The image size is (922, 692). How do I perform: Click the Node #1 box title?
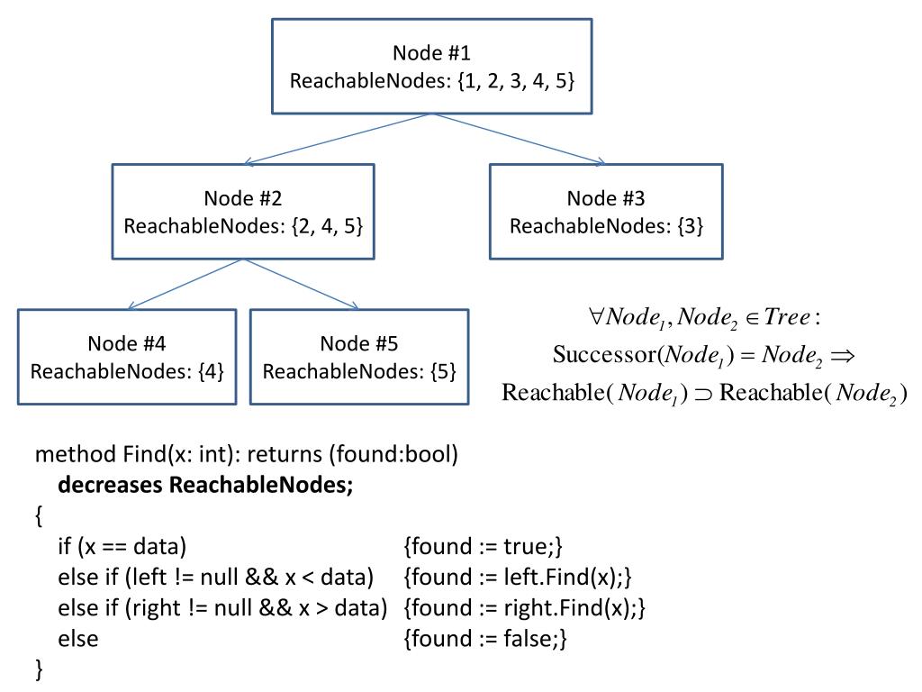[431, 53]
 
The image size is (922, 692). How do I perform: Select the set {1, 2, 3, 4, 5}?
[516, 80]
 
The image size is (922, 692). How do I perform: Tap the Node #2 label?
[243, 198]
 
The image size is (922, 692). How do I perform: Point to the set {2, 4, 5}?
[327, 226]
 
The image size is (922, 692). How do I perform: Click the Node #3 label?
[606, 198]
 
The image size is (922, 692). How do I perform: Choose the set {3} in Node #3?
[691, 226]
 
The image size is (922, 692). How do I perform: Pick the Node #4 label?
[126, 343]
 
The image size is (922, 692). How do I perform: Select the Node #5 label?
[358, 343]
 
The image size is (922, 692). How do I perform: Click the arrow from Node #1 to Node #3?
[518, 139]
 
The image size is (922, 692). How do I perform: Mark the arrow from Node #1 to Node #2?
[338, 139]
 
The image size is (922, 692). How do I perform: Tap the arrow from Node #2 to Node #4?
[185, 284]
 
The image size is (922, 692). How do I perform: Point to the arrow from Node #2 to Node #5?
[301, 284]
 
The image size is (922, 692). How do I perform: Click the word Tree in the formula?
[787, 317]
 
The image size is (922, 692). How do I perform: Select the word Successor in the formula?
[604, 354]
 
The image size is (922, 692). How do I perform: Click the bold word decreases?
[110, 485]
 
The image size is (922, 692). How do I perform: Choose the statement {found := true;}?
[483, 547]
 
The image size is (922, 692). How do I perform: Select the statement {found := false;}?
[485, 639]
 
